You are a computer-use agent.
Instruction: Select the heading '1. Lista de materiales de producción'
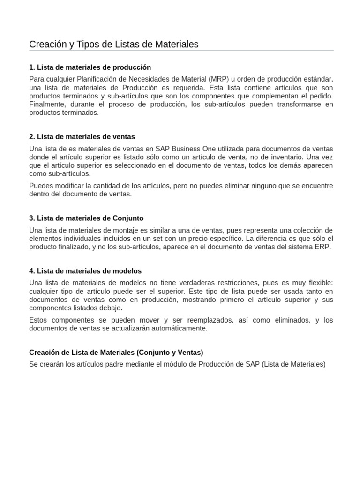pyautogui.click(x=90, y=67)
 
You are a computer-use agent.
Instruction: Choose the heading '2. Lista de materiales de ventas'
pyautogui.click(x=82, y=137)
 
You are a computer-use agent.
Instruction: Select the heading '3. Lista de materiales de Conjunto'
pyautogui.click(x=86, y=218)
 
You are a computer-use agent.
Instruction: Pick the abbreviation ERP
pyautogui.click(x=323, y=247)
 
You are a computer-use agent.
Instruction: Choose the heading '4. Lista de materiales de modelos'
pyautogui.click(x=85, y=271)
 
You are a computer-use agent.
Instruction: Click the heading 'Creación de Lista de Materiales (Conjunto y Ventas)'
pyautogui.click(x=116, y=352)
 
